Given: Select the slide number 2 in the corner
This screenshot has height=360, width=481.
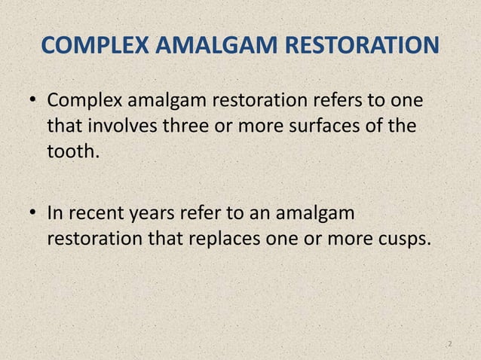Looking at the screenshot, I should [449, 344].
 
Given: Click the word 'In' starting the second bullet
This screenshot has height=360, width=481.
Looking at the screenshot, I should [54, 215].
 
